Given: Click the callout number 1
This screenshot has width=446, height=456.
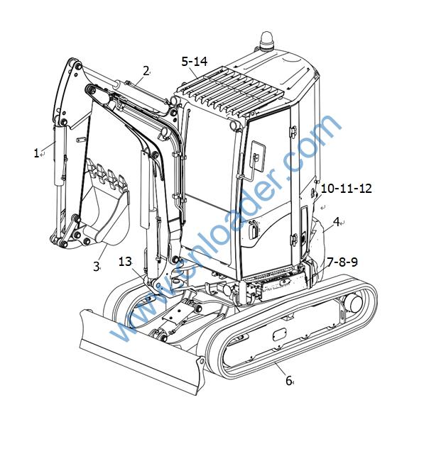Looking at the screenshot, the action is tap(36, 153).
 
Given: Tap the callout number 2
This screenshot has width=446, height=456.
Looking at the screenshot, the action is tap(146, 71).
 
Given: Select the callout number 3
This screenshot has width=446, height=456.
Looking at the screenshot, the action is tap(96, 266).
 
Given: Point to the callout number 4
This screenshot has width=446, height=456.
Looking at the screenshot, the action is tap(336, 222).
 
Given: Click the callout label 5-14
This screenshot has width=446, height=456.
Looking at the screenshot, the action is tap(195, 61).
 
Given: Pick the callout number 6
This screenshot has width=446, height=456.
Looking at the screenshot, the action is tap(288, 380).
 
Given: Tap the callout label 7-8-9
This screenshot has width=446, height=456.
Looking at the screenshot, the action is tap(342, 262).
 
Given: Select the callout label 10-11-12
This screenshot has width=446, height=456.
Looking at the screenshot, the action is tap(347, 189).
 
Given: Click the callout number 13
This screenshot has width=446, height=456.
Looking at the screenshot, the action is tap(125, 262).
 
